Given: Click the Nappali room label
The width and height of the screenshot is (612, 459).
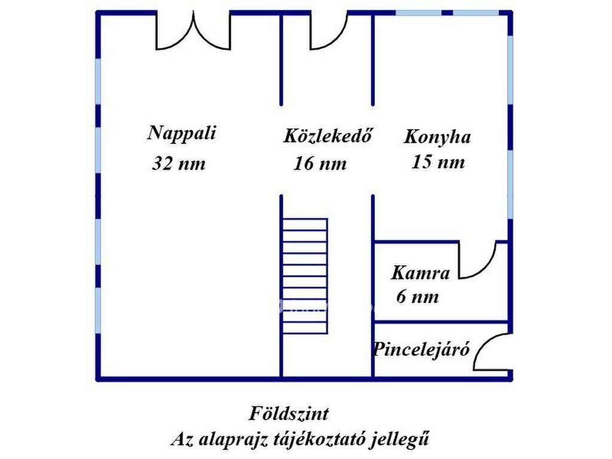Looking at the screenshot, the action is pos(182,134).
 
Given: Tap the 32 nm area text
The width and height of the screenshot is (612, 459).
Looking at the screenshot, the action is pos(179,163).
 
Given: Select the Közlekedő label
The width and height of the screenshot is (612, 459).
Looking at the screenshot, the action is pos(327,136).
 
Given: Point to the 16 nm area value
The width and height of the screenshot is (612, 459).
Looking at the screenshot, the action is pos(320,163).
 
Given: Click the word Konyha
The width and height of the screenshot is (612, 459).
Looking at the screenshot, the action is pos(437,137).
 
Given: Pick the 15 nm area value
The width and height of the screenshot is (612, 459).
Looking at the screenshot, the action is pos(438,161).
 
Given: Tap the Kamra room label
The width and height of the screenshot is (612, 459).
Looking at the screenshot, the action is pos(420,273).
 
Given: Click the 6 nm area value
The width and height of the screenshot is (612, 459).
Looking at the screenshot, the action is pos(418,296).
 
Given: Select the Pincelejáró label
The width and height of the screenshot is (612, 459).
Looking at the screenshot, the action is pos(421,349).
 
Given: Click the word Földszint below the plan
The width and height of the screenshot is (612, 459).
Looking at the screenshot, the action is pos(289,414).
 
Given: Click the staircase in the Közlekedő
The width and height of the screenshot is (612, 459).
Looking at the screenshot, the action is pos(305,276).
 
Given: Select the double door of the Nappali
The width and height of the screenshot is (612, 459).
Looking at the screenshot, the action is pos(193,31).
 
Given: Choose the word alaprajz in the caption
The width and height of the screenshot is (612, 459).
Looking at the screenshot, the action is pos(232,439).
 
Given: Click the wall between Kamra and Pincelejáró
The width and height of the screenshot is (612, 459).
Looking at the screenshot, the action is pos(441,322).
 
